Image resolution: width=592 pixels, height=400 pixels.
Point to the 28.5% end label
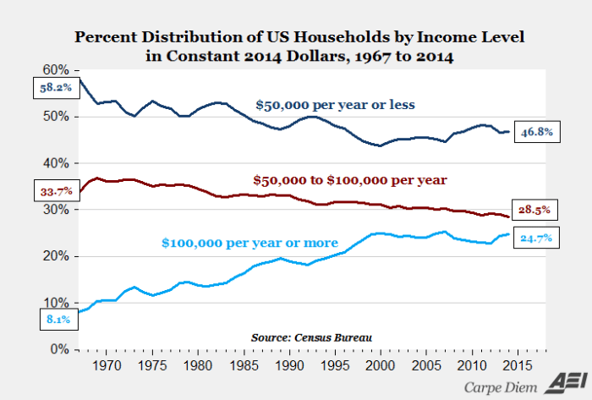pos(536,209)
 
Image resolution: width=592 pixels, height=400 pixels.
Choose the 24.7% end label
pos(536,238)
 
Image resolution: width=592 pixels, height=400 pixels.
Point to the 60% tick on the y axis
pos(56,69)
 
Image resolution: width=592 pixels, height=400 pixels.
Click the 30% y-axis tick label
pos(56,210)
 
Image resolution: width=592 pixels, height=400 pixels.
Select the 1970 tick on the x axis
pos(107,366)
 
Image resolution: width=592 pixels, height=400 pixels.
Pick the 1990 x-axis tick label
pos(289,366)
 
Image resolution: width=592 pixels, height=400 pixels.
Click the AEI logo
pos(565,381)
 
